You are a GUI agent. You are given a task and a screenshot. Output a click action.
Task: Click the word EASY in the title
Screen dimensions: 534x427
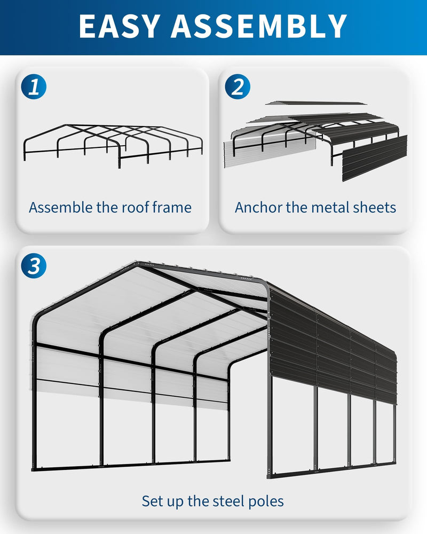pos(120,26)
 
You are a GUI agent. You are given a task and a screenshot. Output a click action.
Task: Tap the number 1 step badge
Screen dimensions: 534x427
pos(34,87)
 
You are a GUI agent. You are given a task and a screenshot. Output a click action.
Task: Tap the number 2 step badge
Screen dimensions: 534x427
pos(238,87)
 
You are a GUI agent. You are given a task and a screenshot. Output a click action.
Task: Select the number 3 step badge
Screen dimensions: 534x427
pos(34,266)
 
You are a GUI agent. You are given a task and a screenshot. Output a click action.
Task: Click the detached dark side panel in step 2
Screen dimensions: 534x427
pos(374,158)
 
